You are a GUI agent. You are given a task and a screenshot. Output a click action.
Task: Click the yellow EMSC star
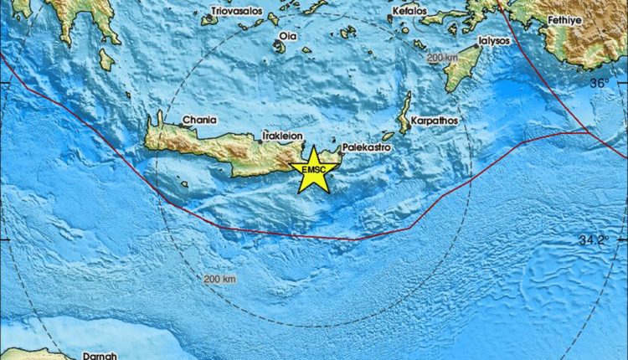[314, 170]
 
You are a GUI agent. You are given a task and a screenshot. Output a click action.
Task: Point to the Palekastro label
[370, 146]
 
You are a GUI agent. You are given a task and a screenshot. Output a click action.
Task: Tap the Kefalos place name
[409, 12]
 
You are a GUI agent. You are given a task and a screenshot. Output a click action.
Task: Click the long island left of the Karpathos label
[405, 113]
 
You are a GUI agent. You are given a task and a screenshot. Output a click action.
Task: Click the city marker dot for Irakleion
[262, 141]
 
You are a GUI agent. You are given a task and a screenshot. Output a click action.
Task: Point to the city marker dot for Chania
[157, 128]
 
